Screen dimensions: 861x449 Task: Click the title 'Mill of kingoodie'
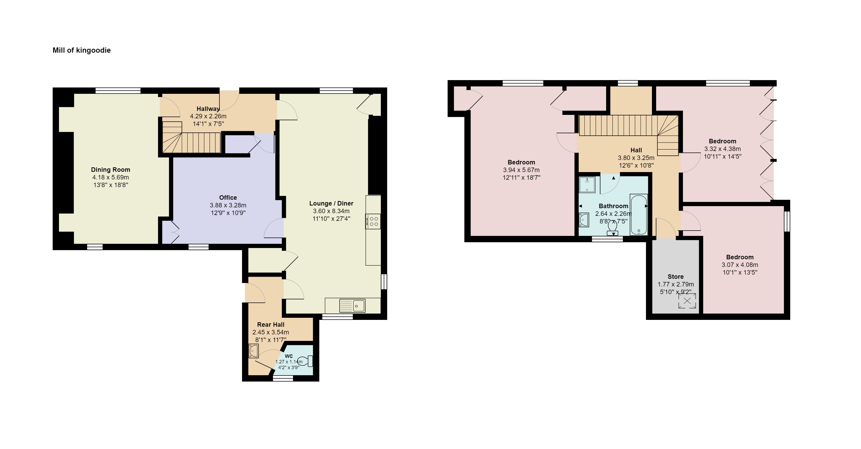click(82, 50)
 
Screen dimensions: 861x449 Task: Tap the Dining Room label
click(111, 170)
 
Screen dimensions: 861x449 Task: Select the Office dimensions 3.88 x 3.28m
click(228, 205)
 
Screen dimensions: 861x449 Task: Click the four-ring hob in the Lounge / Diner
click(373, 221)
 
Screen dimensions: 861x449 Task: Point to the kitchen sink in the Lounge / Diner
click(352, 305)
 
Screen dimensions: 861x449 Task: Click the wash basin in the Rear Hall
click(254, 351)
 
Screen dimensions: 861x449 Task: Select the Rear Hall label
click(271, 325)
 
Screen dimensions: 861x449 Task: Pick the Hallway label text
click(208, 109)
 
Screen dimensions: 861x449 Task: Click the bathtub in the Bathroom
click(639, 214)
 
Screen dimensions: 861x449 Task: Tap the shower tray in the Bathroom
click(587, 185)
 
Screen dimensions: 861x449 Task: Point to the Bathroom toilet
click(612, 228)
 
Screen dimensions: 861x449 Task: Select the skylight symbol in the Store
click(687, 301)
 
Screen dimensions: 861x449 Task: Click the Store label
click(675, 277)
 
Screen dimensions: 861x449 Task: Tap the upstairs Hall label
click(636, 150)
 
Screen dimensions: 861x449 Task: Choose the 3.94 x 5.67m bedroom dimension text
click(521, 170)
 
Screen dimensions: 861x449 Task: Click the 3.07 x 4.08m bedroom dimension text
click(740, 265)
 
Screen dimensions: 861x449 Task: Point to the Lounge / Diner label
click(331, 203)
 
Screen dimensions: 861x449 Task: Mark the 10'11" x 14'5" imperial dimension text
click(723, 156)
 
